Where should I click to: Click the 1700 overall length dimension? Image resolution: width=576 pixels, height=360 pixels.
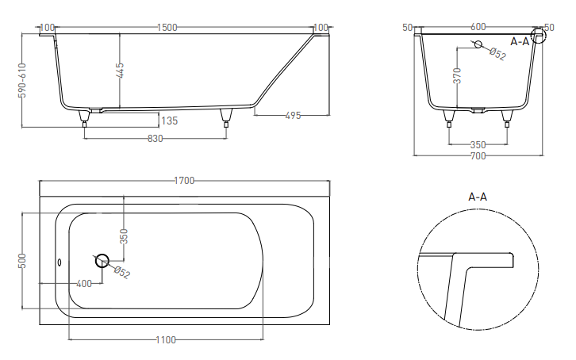point(184,181)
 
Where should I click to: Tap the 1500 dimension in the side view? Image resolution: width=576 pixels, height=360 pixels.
point(167,28)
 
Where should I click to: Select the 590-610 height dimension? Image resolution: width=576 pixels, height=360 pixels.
point(22,80)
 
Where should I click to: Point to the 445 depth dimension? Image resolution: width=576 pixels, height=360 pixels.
point(120,71)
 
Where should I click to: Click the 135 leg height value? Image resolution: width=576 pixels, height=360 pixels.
point(169,121)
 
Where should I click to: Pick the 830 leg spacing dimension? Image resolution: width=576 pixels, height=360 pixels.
point(155,139)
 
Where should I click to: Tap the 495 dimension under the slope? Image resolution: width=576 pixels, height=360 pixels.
point(293,116)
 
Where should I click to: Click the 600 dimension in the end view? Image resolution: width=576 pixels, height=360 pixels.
point(478,27)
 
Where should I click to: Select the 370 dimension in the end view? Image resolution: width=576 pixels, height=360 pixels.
point(457,75)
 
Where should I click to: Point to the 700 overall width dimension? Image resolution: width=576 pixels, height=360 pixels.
point(478,156)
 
